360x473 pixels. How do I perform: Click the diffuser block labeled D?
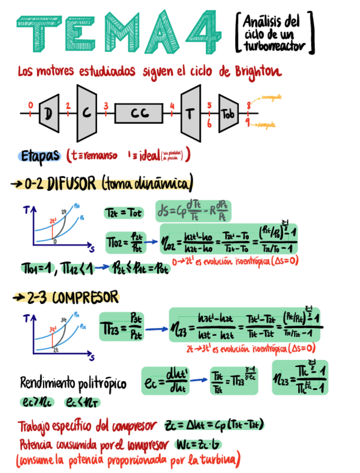[x=48, y=114]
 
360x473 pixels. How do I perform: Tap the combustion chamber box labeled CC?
[x=139, y=113]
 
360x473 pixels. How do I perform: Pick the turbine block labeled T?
[x=190, y=113]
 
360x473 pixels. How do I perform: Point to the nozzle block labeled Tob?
[x=228, y=114]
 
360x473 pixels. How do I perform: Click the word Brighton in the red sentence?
[x=257, y=73]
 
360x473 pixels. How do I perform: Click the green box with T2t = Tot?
[x=123, y=213]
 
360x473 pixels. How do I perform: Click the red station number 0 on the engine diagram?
[x=30, y=105]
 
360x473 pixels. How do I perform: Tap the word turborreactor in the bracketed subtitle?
[x=275, y=47]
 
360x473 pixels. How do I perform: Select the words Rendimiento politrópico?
[x=72, y=384]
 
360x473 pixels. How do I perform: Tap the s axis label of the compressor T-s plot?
[x=90, y=358]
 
